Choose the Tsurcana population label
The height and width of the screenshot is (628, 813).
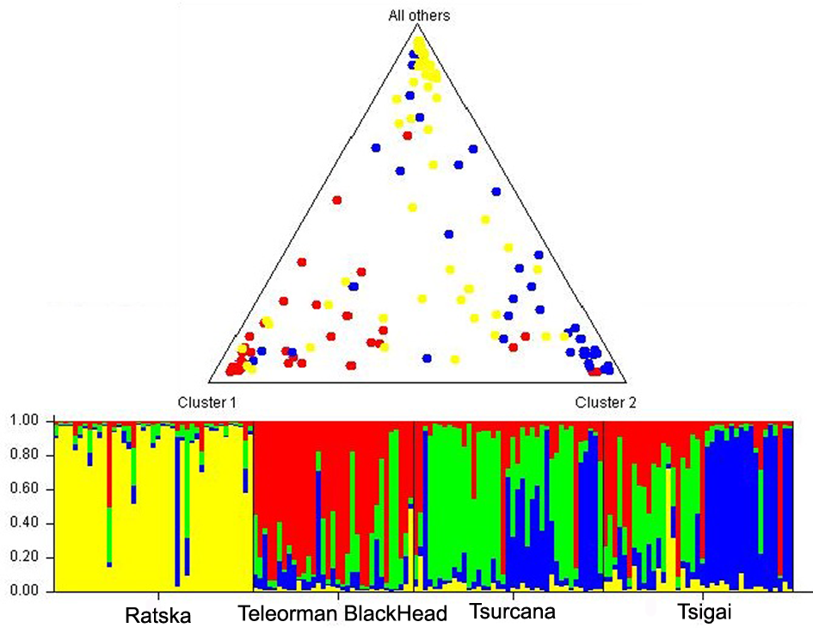point(513,613)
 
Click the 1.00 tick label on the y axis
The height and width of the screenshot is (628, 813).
point(26,421)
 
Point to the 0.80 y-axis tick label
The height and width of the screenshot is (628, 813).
point(26,456)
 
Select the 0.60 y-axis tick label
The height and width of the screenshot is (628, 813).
point(26,490)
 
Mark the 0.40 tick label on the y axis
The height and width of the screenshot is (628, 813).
point(26,524)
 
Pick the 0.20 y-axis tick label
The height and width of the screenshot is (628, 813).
point(26,558)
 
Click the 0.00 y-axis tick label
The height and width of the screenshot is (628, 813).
point(26,592)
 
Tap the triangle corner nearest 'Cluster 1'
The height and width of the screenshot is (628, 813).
point(209,382)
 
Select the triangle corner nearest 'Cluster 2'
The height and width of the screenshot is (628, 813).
point(625,382)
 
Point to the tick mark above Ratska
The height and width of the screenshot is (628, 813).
point(159,595)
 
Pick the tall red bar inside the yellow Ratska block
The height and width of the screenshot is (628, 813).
point(109,465)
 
